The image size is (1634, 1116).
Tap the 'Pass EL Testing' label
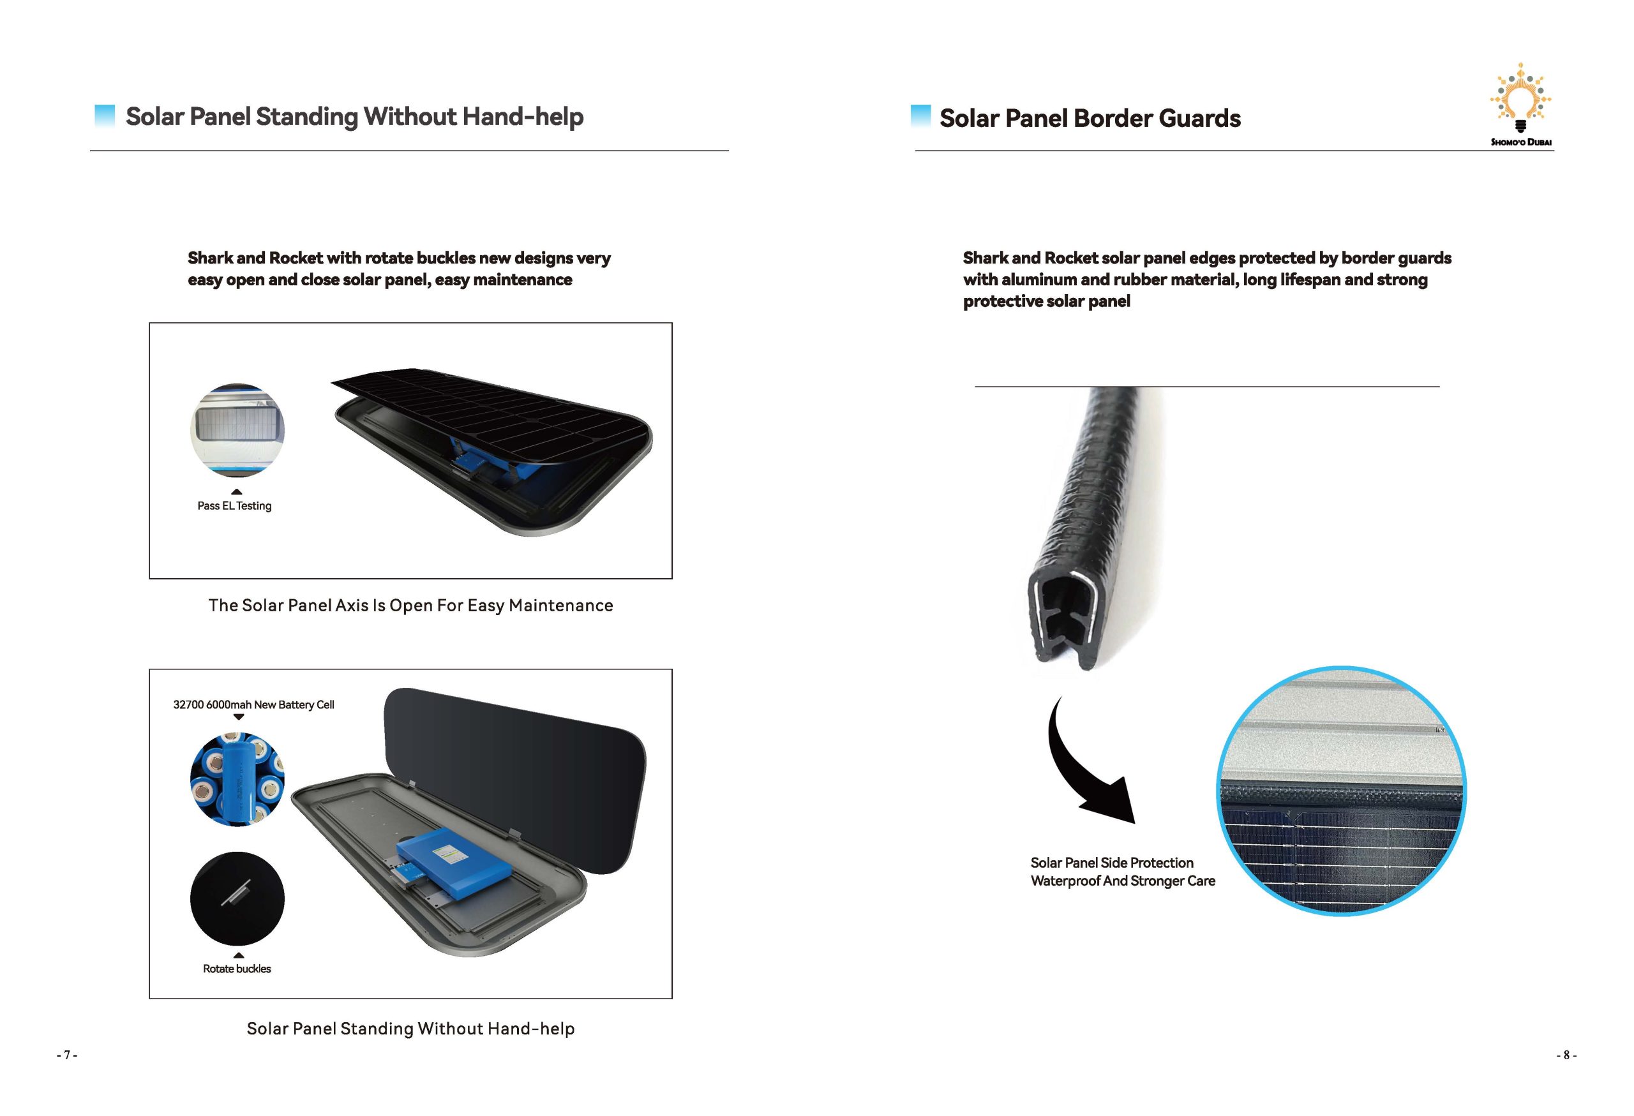234,506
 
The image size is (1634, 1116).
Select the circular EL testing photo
237,430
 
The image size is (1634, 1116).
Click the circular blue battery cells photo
237,778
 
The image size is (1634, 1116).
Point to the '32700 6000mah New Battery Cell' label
253,705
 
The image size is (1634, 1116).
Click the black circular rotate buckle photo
237,899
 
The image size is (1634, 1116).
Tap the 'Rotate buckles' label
237,969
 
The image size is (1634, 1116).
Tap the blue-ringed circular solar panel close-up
1341,791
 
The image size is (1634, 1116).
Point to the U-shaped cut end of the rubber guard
1065,618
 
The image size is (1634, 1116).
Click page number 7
67,1055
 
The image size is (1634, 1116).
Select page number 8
1566,1055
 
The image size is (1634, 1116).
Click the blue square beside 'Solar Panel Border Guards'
920,115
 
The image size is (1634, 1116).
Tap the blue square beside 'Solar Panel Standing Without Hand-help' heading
104,115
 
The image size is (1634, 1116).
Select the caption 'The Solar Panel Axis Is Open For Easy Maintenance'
410,606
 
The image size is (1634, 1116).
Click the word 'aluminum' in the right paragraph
1038,279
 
